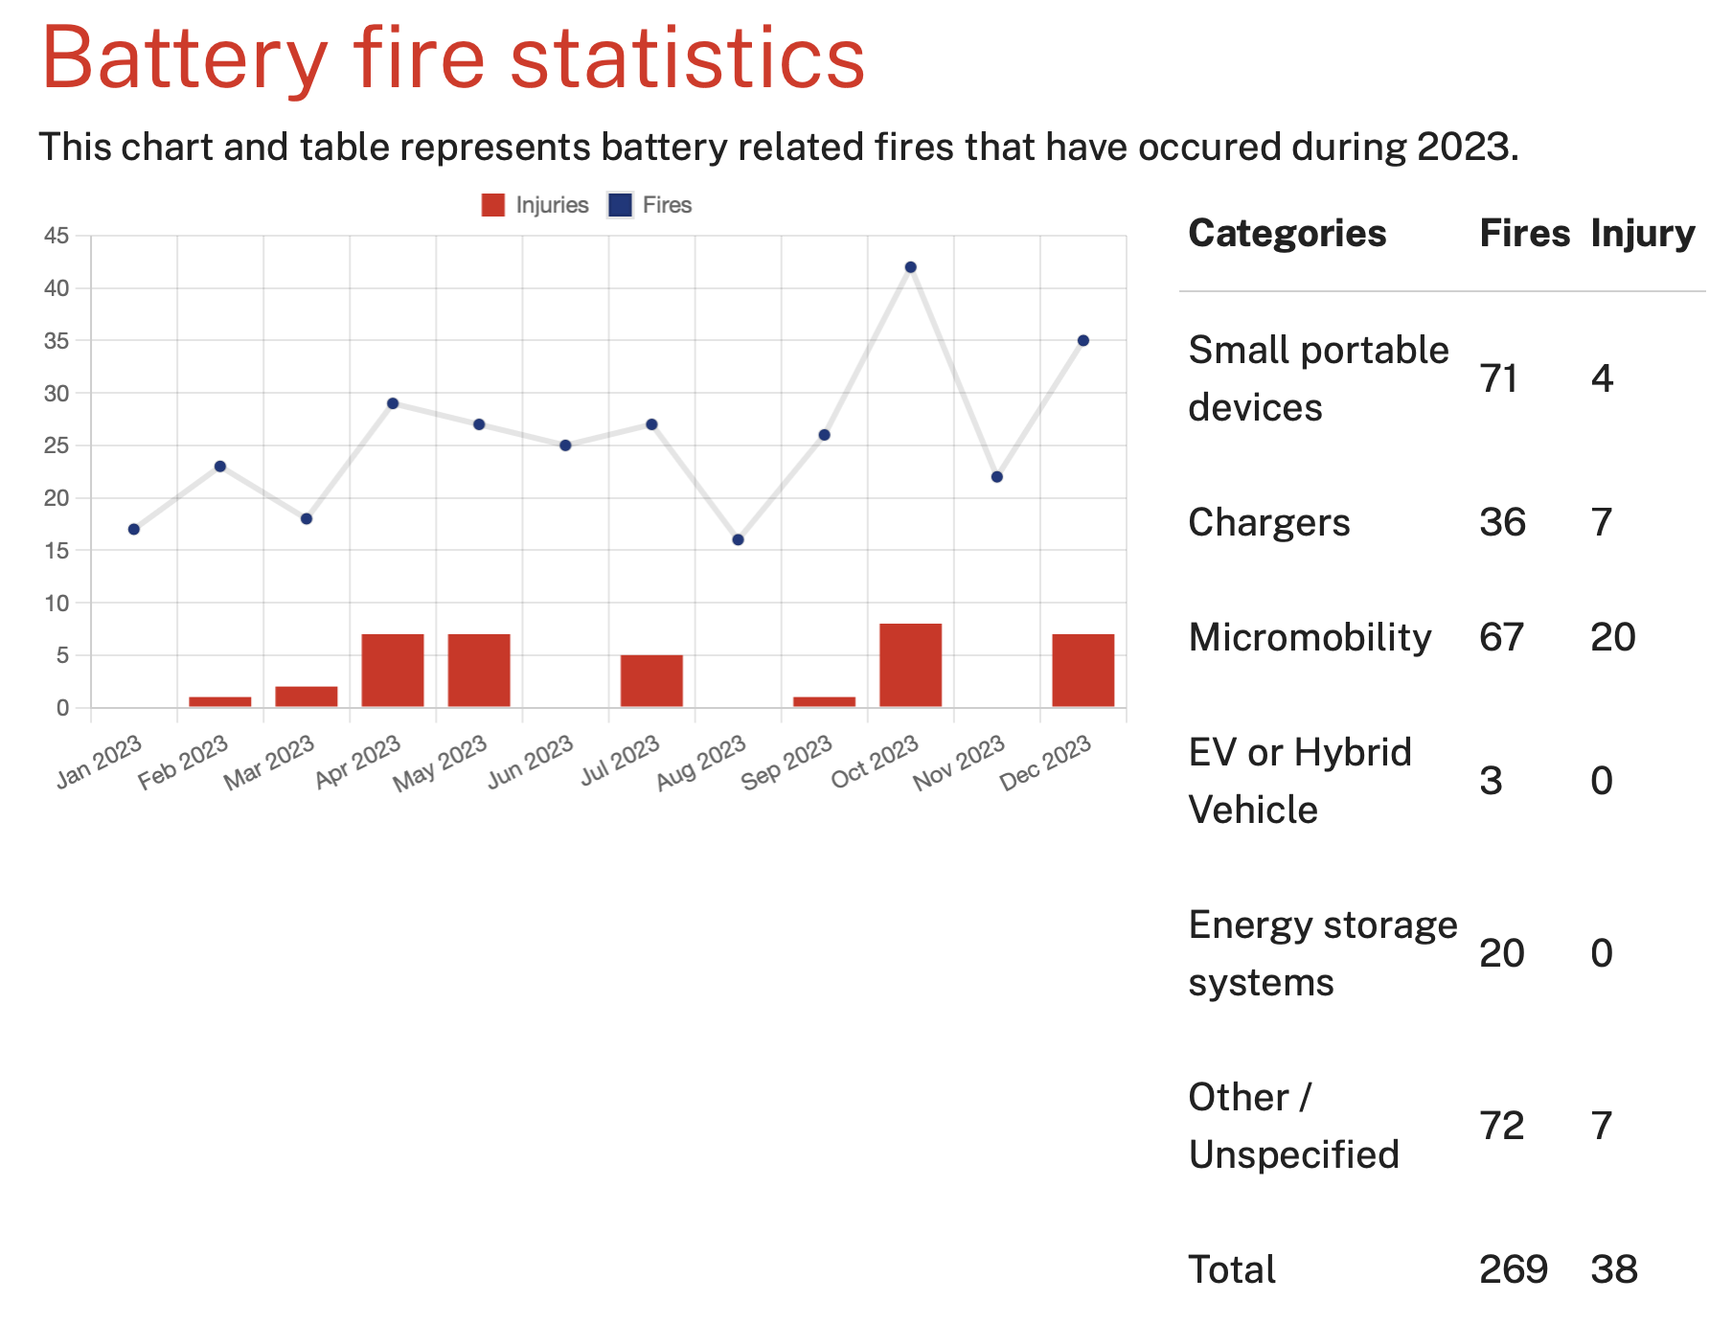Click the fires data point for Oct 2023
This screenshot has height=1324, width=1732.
(x=910, y=267)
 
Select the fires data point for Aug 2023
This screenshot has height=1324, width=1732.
(x=738, y=540)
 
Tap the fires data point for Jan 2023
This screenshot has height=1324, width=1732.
(x=134, y=529)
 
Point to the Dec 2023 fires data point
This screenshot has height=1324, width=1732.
(x=1082, y=341)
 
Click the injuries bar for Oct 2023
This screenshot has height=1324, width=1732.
(x=910, y=666)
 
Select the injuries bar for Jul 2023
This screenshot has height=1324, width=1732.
(x=651, y=681)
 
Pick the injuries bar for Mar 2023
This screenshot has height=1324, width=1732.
(x=307, y=696)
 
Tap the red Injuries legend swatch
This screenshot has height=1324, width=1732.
(x=493, y=205)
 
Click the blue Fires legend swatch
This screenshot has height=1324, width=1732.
(x=620, y=205)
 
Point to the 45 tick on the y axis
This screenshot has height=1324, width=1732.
(x=57, y=236)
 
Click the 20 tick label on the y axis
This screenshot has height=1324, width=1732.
(x=57, y=498)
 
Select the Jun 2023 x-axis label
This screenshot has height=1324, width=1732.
(x=531, y=763)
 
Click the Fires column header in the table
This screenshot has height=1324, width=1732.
(x=1524, y=234)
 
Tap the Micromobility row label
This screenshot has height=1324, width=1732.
(x=1310, y=637)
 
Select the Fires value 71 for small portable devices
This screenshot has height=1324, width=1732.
(x=1499, y=378)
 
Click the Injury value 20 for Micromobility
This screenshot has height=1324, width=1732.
(x=1613, y=637)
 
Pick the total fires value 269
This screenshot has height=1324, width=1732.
(x=1514, y=1269)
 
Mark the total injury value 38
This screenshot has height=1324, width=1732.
(x=1614, y=1269)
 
